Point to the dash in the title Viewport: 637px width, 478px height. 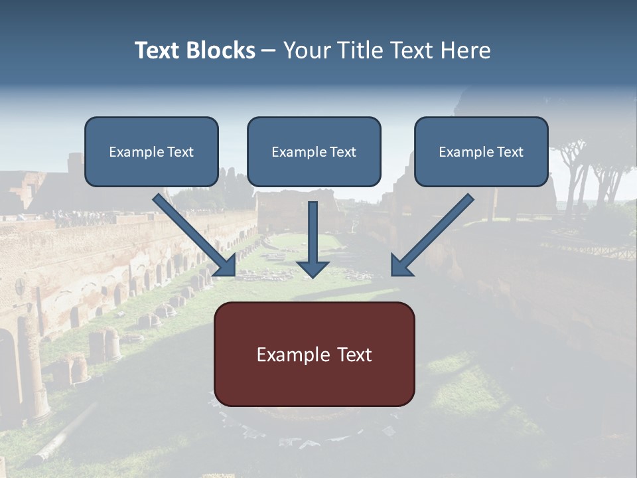[x=269, y=51]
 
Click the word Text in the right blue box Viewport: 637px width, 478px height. [x=510, y=152]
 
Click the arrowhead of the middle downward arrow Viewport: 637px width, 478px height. [x=313, y=268]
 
